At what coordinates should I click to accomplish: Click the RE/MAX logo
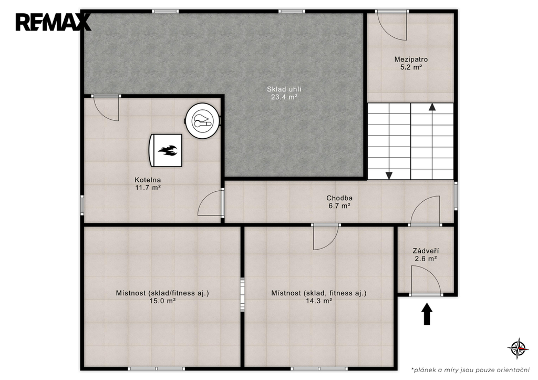click(53, 22)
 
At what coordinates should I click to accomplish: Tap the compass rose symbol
click(518, 348)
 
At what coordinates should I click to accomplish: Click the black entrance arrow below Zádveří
click(427, 314)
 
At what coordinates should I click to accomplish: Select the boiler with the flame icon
click(165, 150)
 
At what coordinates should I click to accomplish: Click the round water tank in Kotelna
click(202, 120)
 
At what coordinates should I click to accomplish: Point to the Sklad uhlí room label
click(284, 89)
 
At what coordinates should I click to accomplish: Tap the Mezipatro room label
click(411, 59)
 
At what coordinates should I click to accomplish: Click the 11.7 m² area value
click(148, 188)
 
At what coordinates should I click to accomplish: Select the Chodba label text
click(339, 198)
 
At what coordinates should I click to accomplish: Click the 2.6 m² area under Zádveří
click(426, 259)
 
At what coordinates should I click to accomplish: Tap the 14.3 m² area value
click(319, 301)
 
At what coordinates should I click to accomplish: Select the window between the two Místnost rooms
click(242, 295)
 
